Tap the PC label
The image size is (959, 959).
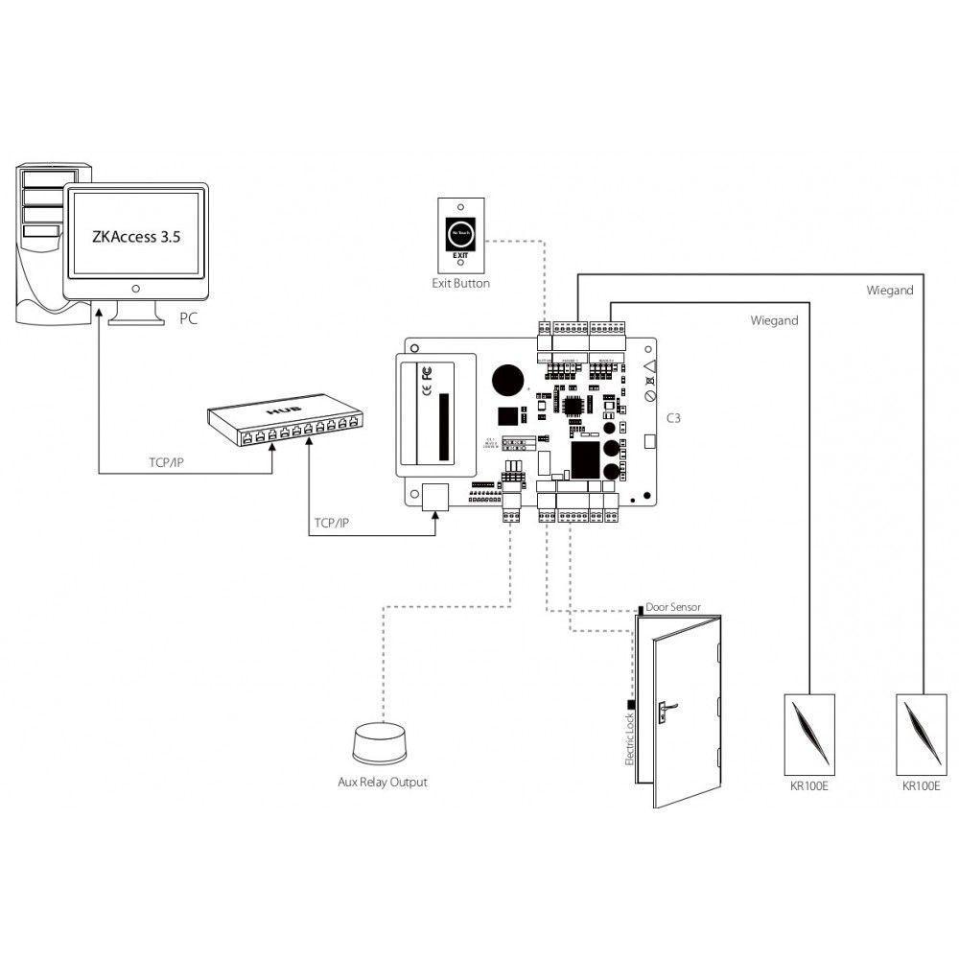coord(188,319)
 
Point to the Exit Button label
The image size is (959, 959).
coord(460,284)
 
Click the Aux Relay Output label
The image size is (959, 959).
coord(382,782)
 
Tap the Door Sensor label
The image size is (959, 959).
coord(673,607)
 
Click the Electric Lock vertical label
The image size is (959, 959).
coord(629,738)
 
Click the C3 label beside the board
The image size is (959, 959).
coord(673,419)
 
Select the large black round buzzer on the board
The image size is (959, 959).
coord(507,382)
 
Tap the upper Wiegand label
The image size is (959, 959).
coord(889,290)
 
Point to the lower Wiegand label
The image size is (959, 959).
coord(774,321)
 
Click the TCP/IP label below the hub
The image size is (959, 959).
coord(332,525)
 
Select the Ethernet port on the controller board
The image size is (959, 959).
coord(433,497)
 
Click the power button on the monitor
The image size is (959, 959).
coord(136,288)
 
